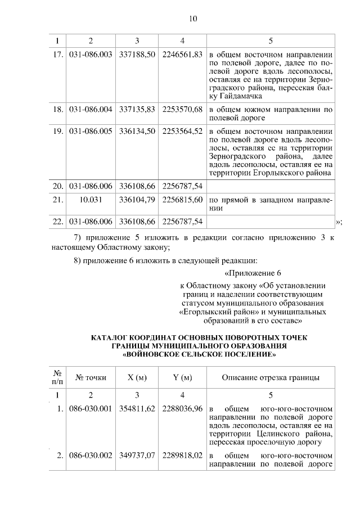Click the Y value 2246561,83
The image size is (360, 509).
182,55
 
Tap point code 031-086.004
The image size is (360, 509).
91,109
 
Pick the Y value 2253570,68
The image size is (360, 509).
182,109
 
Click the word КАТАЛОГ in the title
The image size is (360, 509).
112,337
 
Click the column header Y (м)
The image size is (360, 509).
182,377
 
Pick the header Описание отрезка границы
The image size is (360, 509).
271,377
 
